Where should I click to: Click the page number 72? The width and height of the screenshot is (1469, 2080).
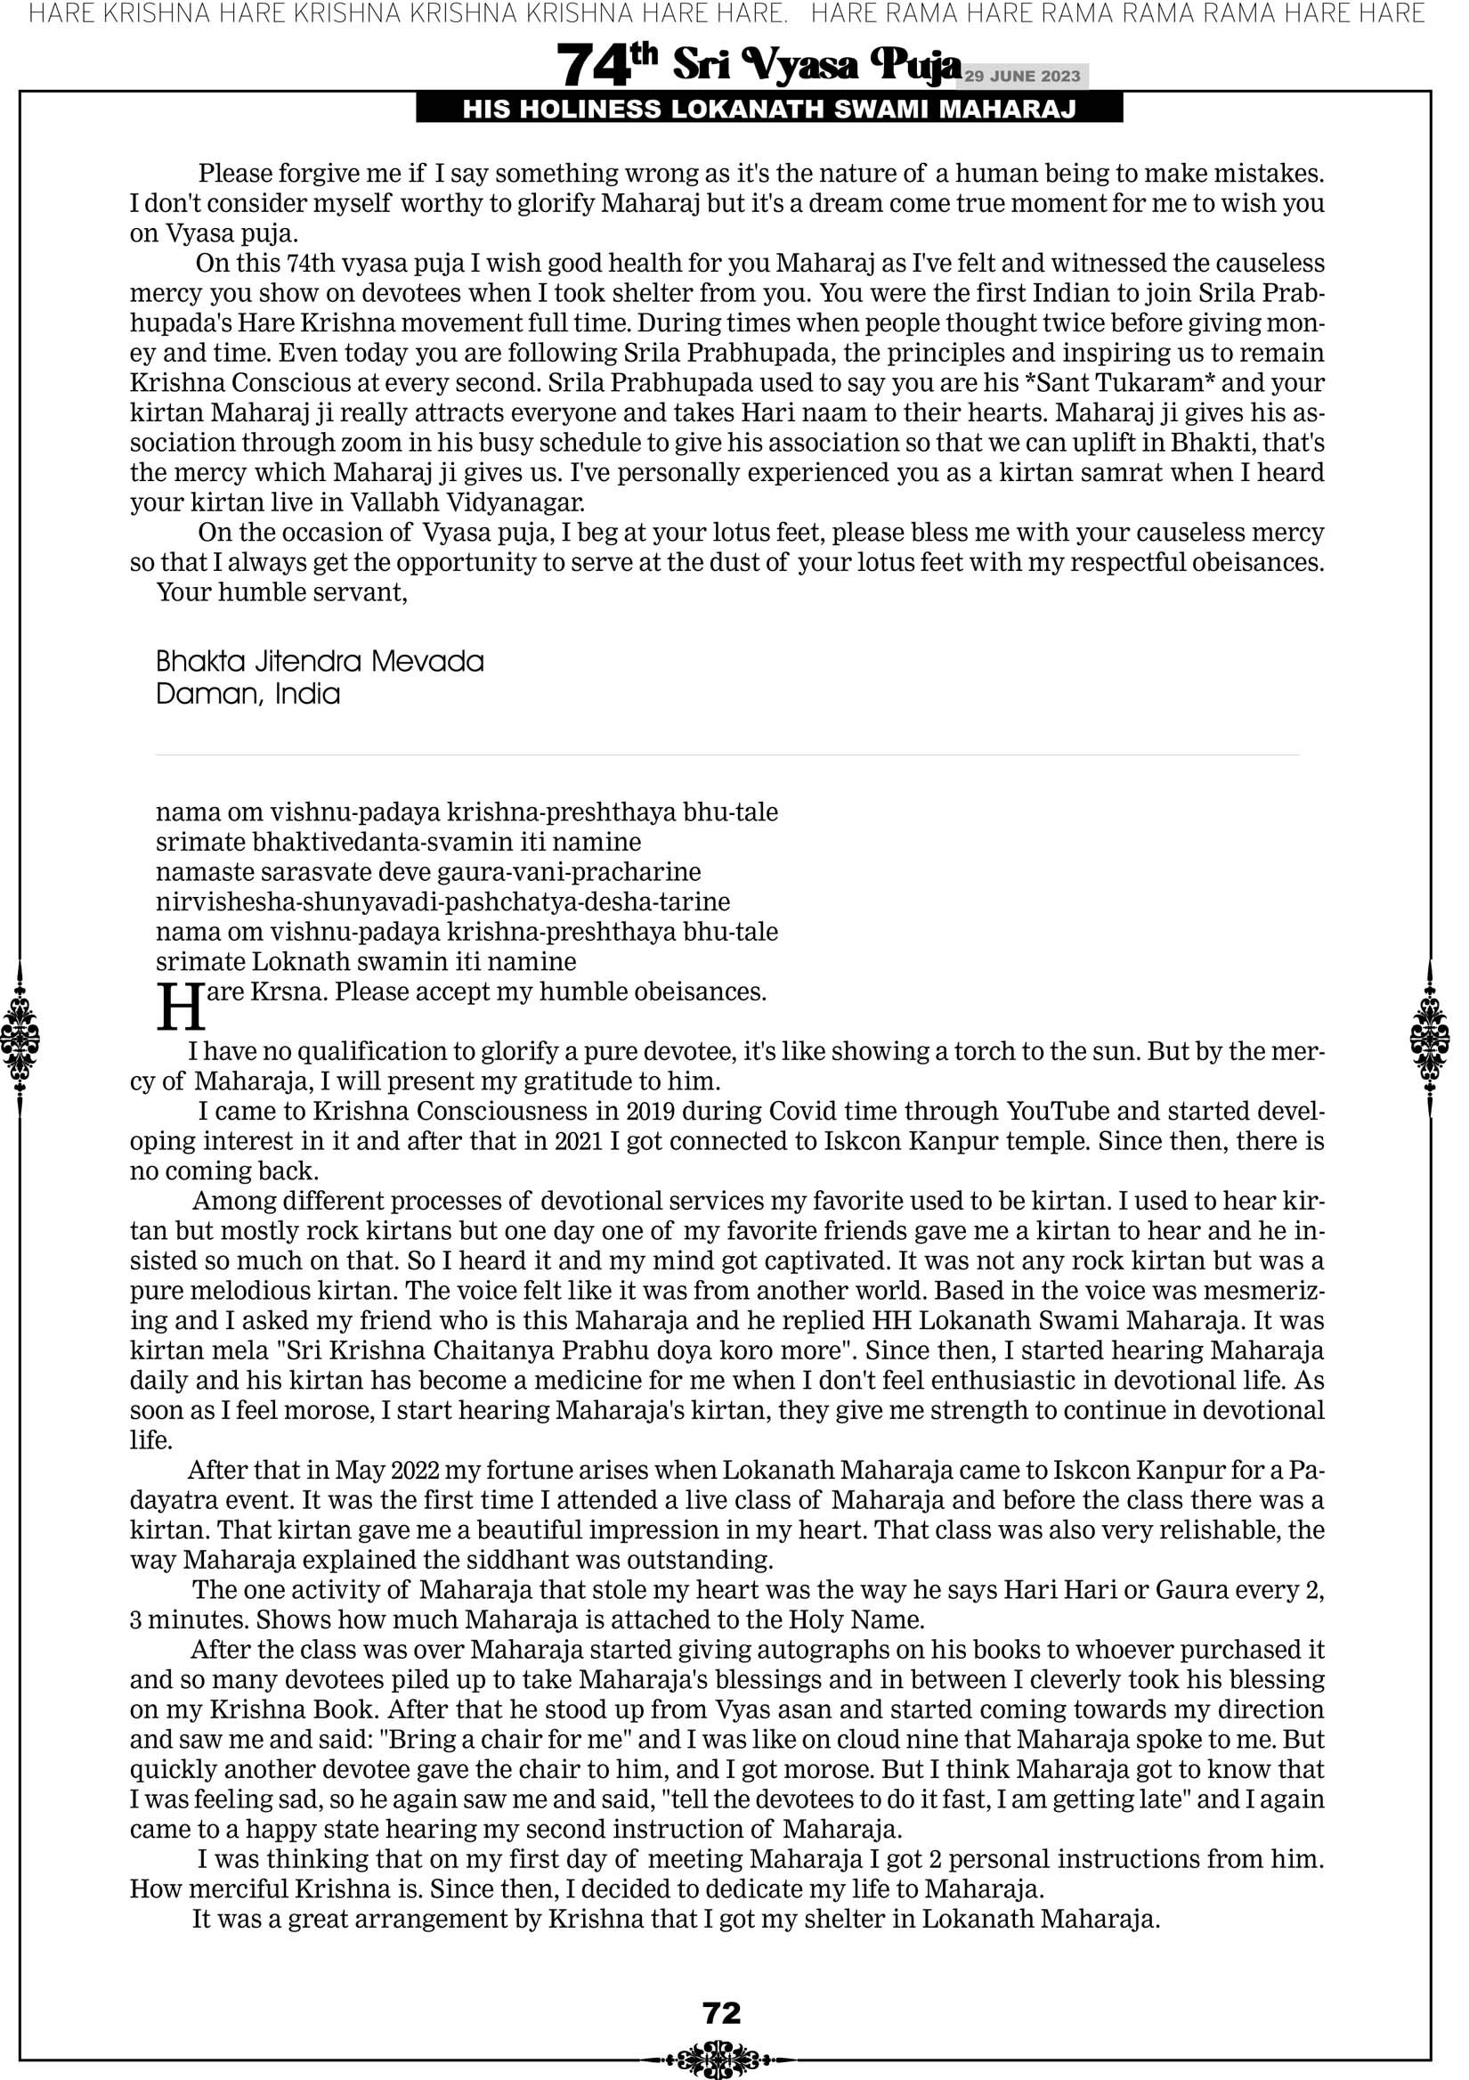click(722, 2012)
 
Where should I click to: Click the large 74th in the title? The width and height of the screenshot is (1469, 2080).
click(606, 65)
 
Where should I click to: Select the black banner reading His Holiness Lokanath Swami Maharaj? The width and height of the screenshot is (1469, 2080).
click(769, 110)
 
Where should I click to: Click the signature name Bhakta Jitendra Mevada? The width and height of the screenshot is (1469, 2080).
click(320, 661)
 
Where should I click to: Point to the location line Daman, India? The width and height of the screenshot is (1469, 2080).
click(248, 695)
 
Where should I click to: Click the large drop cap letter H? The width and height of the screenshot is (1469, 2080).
click(180, 1007)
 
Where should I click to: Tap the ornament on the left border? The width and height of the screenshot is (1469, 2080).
click(20, 1038)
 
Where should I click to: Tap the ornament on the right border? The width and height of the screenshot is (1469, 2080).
click(1430, 1038)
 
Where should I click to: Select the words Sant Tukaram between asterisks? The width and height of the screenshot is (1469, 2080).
click(1118, 383)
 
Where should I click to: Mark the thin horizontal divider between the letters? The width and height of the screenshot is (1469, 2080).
click(727, 755)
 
